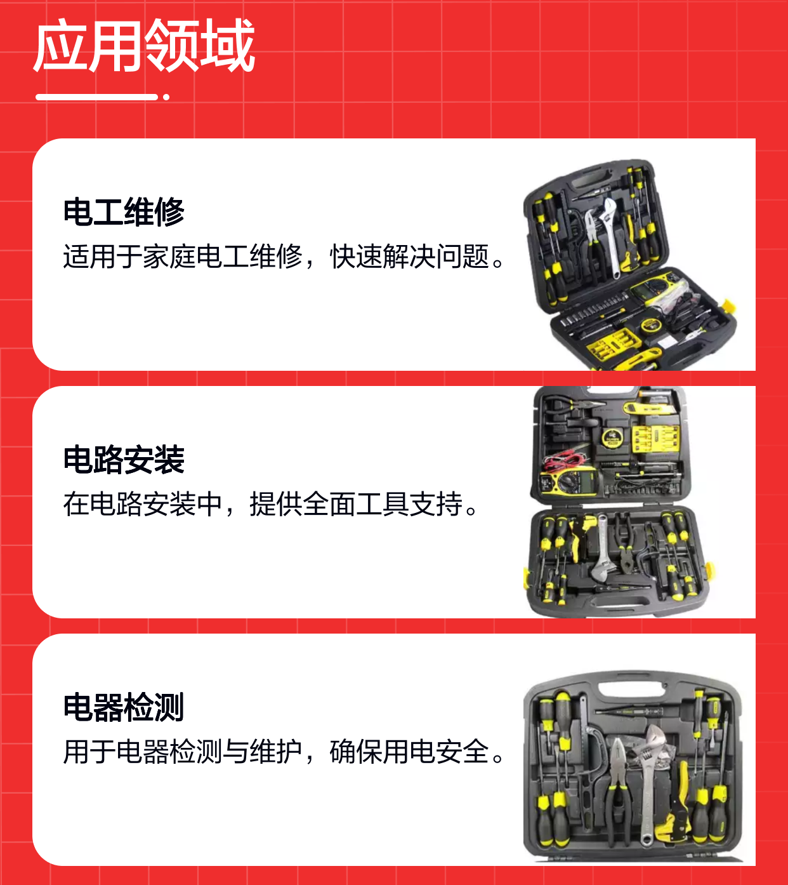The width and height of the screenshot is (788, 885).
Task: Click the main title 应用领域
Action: coord(144,45)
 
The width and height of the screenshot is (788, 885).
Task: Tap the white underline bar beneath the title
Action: coord(96,97)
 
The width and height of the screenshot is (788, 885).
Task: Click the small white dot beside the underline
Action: coord(166,97)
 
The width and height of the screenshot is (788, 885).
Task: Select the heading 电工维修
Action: coord(124,212)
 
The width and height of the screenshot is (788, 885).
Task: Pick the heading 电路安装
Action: coord(124,460)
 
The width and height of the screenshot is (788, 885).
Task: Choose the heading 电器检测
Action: coord(124,707)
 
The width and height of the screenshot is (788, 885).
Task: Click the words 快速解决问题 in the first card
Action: coord(409,256)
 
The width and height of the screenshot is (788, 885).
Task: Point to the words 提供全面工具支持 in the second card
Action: coord(356,503)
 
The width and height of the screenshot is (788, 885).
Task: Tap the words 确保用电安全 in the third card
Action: coord(409,751)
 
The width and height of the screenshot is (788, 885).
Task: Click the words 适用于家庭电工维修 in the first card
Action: coord(183,256)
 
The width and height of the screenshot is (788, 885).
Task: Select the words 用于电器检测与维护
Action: coord(183,751)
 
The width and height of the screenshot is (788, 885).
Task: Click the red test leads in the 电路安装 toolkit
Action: coord(564,458)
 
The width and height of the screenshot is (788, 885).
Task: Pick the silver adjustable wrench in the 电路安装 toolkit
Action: coord(601,550)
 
